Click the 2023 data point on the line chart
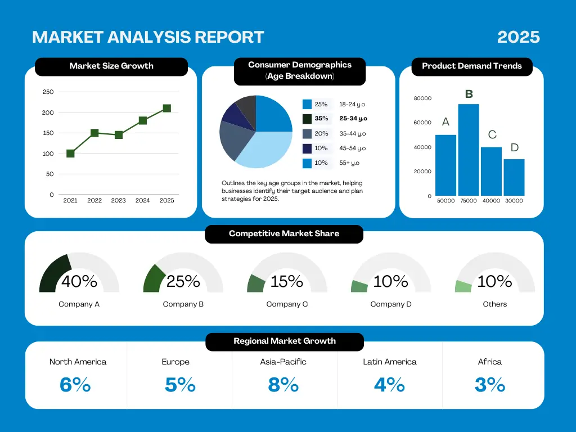(x=119, y=135)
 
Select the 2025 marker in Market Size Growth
(x=166, y=108)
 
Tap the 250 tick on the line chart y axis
(x=48, y=92)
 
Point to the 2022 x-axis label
(x=94, y=200)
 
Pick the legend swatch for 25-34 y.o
(x=307, y=119)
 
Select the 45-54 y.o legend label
(x=352, y=148)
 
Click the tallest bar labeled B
(x=468, y=150)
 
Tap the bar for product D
(x=514, y=177)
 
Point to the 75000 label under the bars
(x=468, y=201)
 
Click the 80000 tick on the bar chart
(x=422, y=98)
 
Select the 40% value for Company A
(x=79, y=281)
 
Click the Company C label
(x=287, y=304)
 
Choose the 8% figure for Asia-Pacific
(x=283, y=385)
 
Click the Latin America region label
(x=390, y=362)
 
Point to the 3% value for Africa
(x=490, y=385)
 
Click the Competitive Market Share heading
(x=284, y=233)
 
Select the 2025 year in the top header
(x=519, y=37)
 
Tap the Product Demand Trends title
(x=472, y=66)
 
